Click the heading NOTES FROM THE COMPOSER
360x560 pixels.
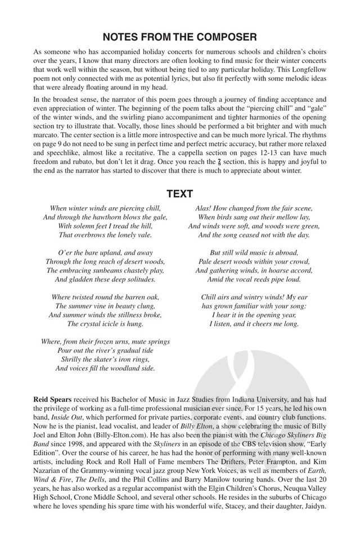[x=179, y=37]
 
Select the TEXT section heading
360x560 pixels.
[x=179, y=194]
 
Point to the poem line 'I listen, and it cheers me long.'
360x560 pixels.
[x=251, y=324]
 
